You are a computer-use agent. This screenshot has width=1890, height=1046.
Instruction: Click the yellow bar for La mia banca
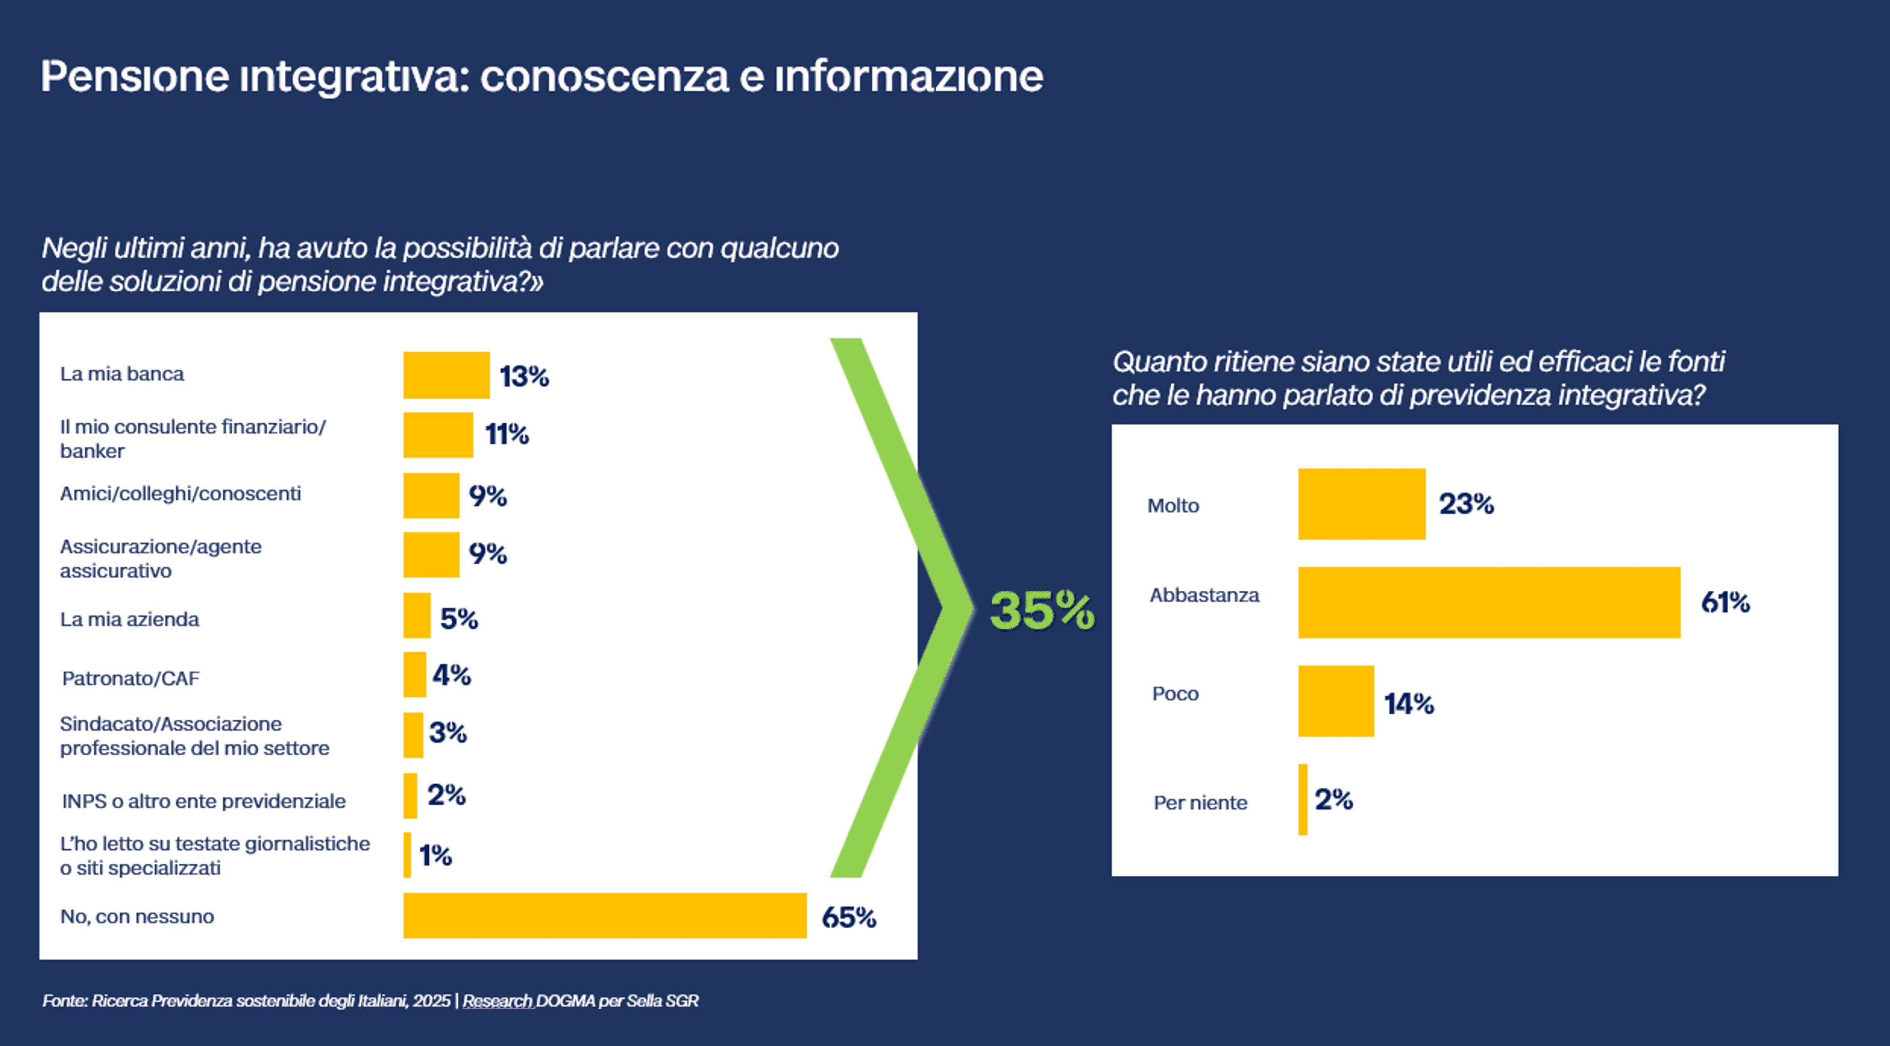[x=446, y=375]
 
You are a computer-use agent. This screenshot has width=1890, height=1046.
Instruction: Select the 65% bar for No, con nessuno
[x=605, y=915]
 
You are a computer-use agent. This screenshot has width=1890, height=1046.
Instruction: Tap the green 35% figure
[x=1042, y=610]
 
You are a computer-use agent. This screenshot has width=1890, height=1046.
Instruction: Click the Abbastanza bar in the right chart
[x=1489, y=602]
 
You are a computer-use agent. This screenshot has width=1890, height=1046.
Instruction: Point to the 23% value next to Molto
[x=1466, y=504]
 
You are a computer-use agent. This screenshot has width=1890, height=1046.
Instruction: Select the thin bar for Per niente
[x=1303, y=800]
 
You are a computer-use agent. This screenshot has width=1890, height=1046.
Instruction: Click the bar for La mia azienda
[x=417, y=615]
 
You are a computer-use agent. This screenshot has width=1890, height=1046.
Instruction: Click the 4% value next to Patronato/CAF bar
[x=451, y=675]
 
